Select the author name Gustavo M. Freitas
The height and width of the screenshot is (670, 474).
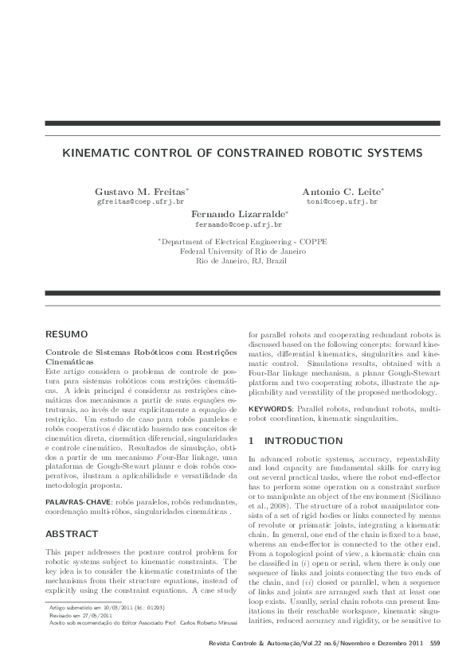140,193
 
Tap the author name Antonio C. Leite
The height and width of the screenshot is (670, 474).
342,193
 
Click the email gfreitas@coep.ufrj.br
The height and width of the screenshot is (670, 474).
140,203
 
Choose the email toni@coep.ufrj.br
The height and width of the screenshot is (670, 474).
342,203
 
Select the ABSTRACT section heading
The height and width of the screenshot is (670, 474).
72,512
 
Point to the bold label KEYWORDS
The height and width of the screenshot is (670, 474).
271,408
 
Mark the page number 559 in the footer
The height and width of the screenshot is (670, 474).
434,643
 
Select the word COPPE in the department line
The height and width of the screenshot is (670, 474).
312,241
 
